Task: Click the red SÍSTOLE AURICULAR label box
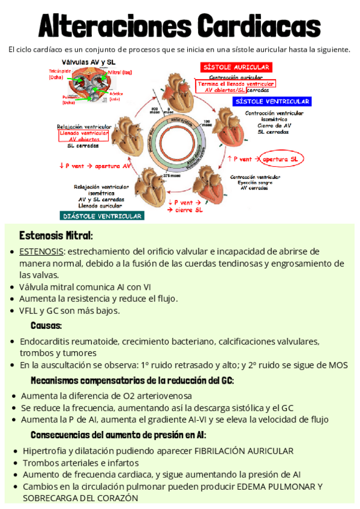tap(236, 67)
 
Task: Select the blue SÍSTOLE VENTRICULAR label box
tap(272, 101)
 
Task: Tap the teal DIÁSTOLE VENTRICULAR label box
tap(101, 215)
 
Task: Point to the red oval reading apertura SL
tap(283, 159)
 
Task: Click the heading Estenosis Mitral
tap(55, 234)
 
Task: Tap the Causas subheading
tap(46, 325)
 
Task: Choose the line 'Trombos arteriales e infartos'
tap(80, 463)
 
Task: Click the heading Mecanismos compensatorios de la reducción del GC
tap(132, 381)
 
